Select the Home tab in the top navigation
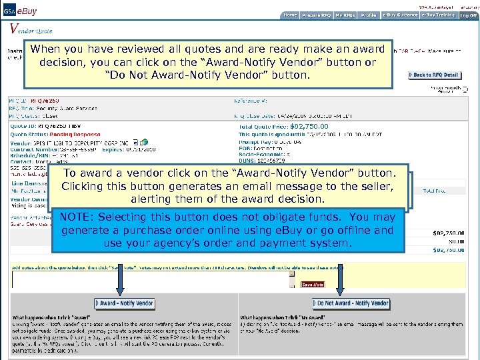[290, 15]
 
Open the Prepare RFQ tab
[316, 15]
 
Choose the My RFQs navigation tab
[344, 15]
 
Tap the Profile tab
[369, 15]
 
